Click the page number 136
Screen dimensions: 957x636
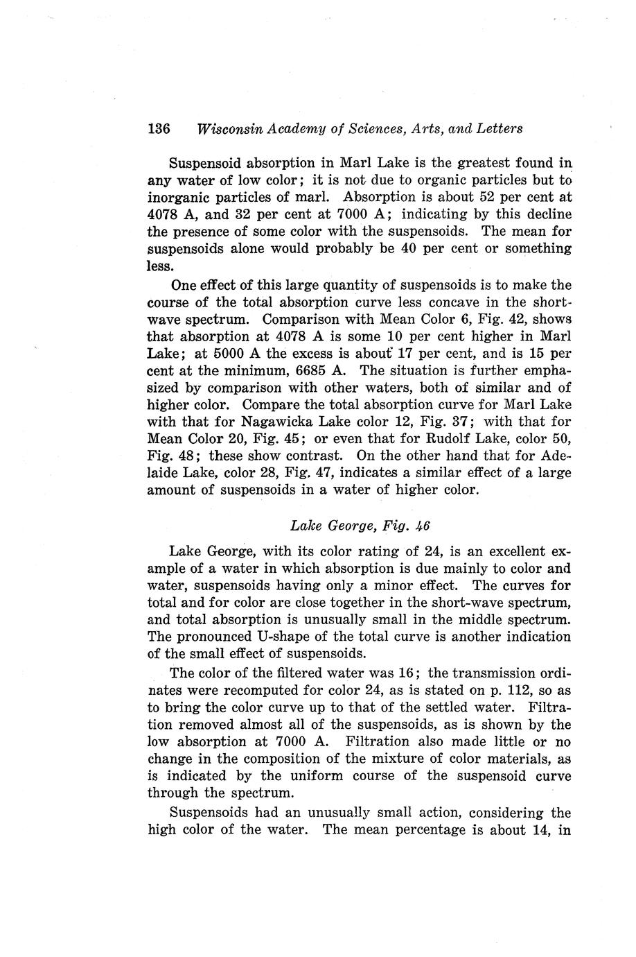pos(159,129)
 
